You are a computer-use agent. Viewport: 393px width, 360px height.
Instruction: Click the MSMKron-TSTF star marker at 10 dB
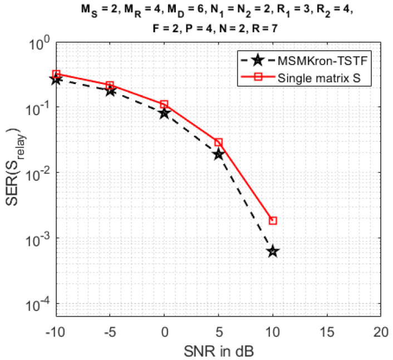(272, 251)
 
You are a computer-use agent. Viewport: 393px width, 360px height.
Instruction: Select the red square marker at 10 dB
(272, 221)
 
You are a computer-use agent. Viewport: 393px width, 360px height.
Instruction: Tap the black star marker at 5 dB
(218, 154)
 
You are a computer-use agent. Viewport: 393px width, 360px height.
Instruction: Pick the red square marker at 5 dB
(218, 142)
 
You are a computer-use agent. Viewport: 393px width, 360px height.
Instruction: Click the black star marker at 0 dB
(164, 113)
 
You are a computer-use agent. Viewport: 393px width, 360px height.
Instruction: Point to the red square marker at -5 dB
(110, 85)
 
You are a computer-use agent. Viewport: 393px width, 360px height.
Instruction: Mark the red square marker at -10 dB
(56, 74)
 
